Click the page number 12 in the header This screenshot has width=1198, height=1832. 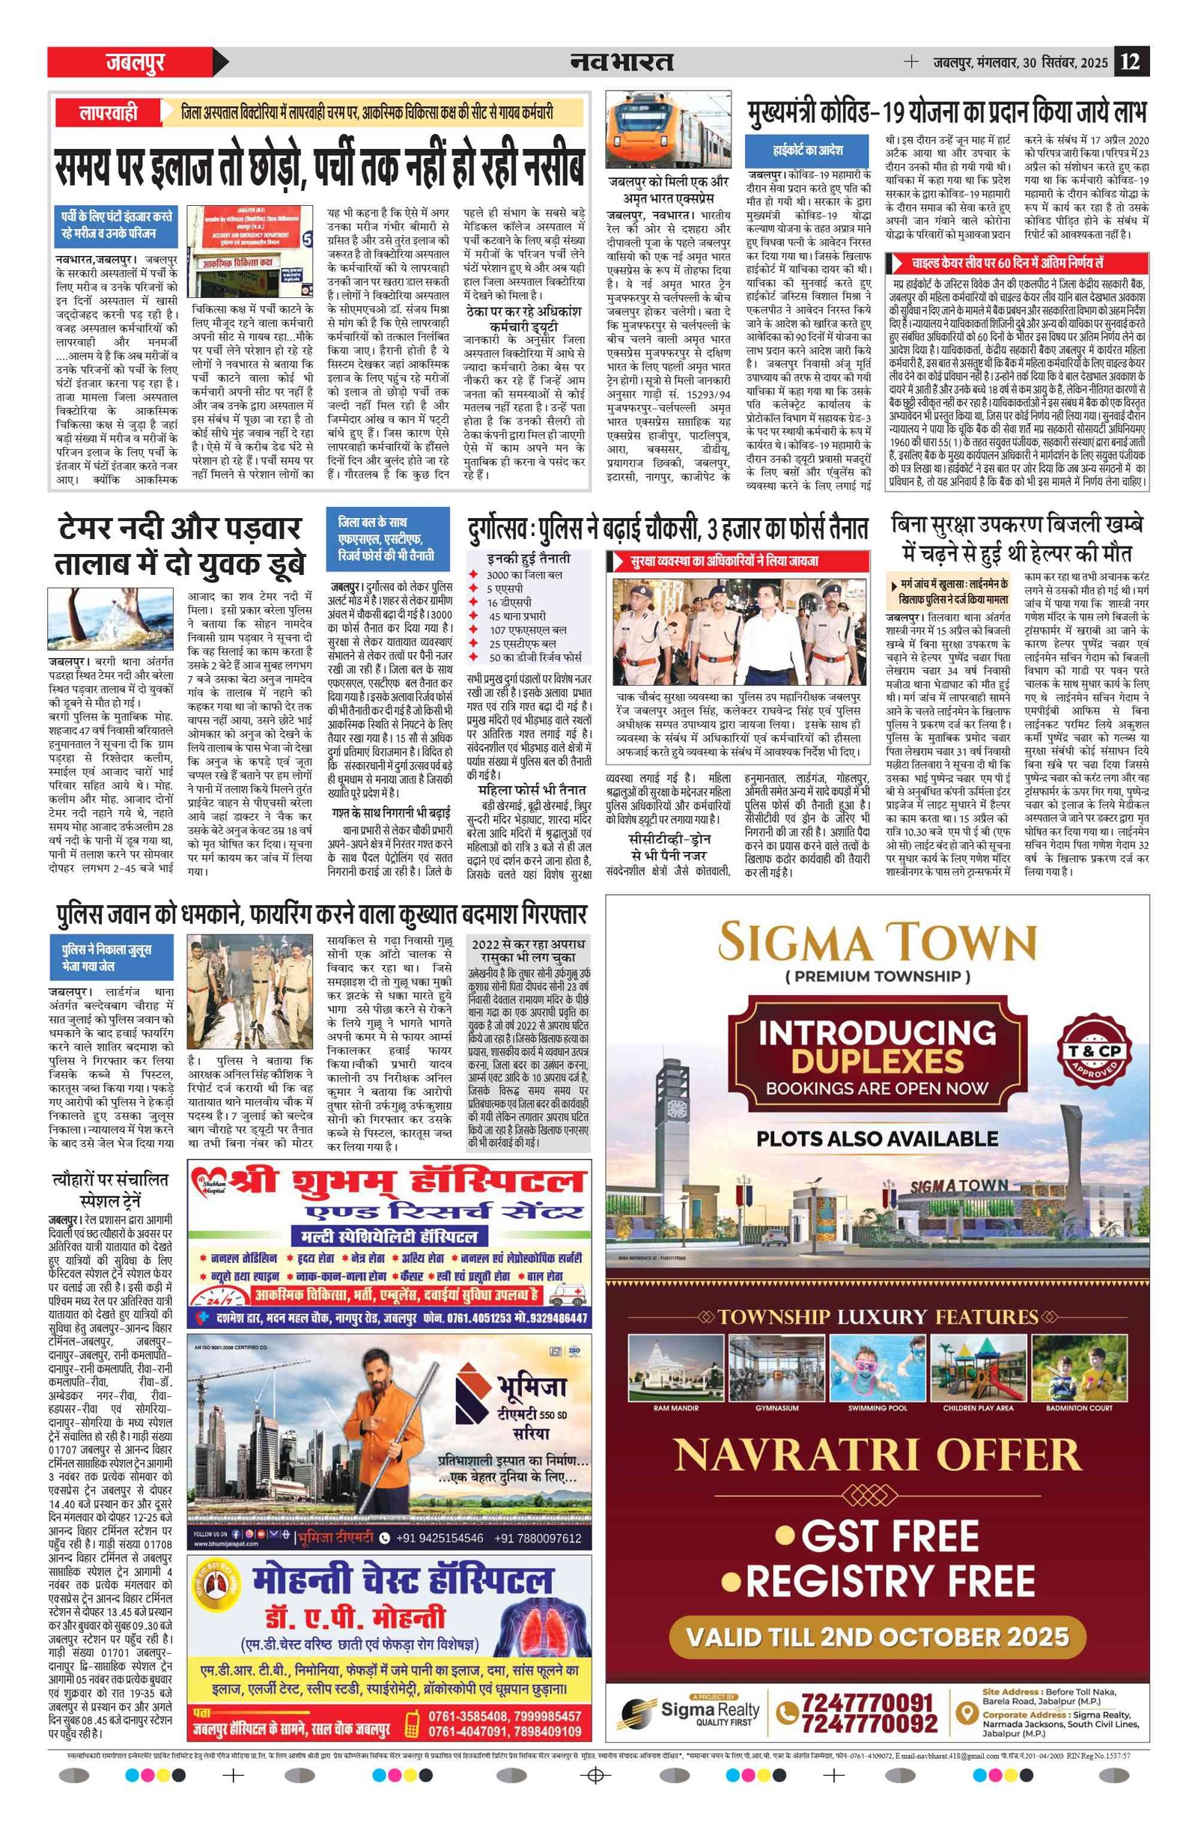(x=1131, y=61)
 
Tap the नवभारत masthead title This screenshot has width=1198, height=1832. (x=621, y=61)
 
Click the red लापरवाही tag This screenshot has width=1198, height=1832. (x=109, y=113)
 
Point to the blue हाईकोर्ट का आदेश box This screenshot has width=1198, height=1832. (x=807, y=149)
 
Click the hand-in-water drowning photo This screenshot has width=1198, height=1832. (x=115, y=620)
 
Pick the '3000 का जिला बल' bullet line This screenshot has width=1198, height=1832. (x=523, y=574)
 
